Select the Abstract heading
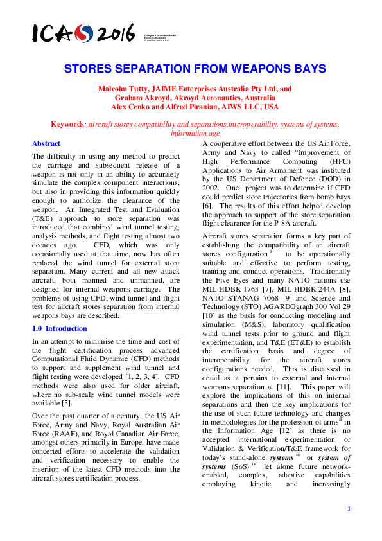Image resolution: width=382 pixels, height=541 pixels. click(x=46, y=143)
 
